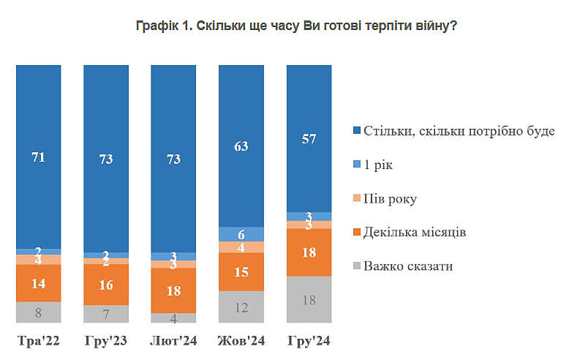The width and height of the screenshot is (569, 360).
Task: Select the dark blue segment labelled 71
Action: [x=38, y=157]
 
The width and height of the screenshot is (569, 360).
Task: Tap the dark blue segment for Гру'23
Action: [x=105, y=158]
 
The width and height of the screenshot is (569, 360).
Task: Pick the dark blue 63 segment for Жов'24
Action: [x=241, y=146]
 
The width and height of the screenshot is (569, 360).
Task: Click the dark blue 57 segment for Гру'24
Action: [x=309, y=138]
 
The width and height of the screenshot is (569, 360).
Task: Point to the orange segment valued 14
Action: [x=38, y=283]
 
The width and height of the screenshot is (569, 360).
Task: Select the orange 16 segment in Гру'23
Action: [x=105, y=285]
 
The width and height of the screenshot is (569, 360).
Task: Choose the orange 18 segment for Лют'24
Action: [x=173, y=290]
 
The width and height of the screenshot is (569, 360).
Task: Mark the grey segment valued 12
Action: [x=241, y=307]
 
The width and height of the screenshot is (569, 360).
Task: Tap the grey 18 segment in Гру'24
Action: [x=309, y=299]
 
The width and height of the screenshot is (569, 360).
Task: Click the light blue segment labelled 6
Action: [x=241, y=233]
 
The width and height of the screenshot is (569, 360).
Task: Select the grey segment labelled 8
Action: [x=38, y=312]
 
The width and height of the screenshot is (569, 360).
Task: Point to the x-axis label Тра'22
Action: [x=38, y=340]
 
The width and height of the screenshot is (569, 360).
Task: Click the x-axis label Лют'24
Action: [x=173, y=340]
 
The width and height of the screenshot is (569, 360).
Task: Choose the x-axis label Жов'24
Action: [x=241, y=340]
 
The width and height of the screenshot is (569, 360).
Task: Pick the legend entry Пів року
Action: [x=388, y=199]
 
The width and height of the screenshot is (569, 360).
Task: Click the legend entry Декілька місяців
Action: [x=414, y=232]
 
